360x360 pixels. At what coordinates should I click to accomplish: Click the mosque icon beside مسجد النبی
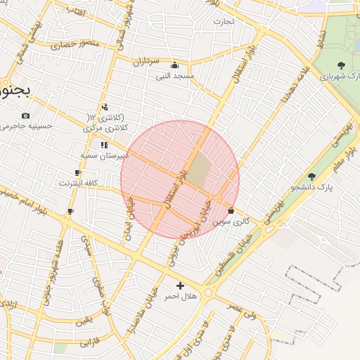(174, 65)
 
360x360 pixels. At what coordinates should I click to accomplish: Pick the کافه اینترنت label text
(77, 183)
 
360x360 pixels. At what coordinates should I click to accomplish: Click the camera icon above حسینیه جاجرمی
(25, 115)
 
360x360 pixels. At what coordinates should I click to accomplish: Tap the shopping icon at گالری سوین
(231, 210)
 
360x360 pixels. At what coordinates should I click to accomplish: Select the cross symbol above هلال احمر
(181, 285)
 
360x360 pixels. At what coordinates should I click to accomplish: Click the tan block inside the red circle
(200, 170)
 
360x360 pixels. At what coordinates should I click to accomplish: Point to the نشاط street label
(321, 32)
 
